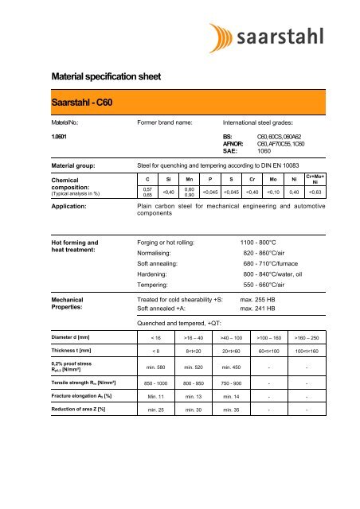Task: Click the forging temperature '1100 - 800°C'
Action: click(x=263, y=241)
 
